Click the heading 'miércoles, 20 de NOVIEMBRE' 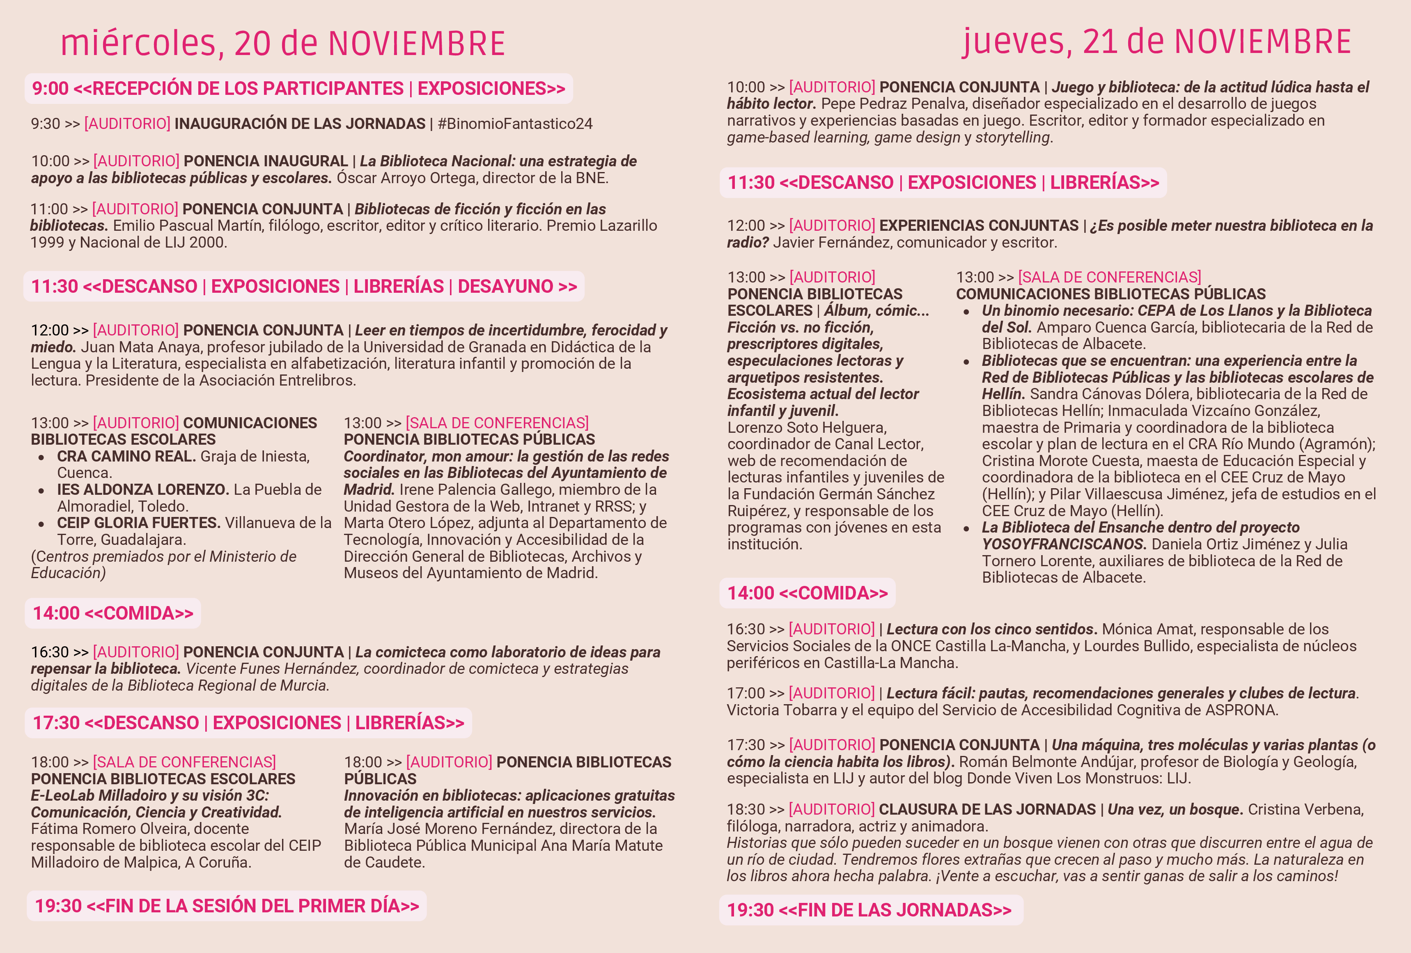point(283,44)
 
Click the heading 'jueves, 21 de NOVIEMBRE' point(1156,43)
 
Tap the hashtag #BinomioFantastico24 point(515,124)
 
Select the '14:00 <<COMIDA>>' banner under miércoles point(113,613)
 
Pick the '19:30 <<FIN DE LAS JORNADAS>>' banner point(870,910)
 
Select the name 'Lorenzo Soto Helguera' point(807,427)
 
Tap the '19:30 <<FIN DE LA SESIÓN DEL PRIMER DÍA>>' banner point(227,906)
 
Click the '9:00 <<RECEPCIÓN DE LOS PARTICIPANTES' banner point(298,89)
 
